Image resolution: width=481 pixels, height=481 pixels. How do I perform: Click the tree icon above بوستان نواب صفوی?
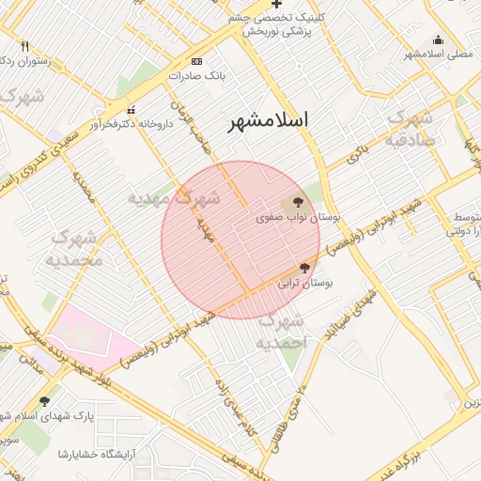(298, 201)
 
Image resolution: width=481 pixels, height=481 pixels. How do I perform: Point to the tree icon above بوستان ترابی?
(303, 268)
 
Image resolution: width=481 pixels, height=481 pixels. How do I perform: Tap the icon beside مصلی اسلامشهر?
(437, 39)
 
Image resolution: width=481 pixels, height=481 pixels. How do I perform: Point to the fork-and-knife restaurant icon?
(25, 46)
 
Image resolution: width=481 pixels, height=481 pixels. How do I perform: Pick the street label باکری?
(353, 156)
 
